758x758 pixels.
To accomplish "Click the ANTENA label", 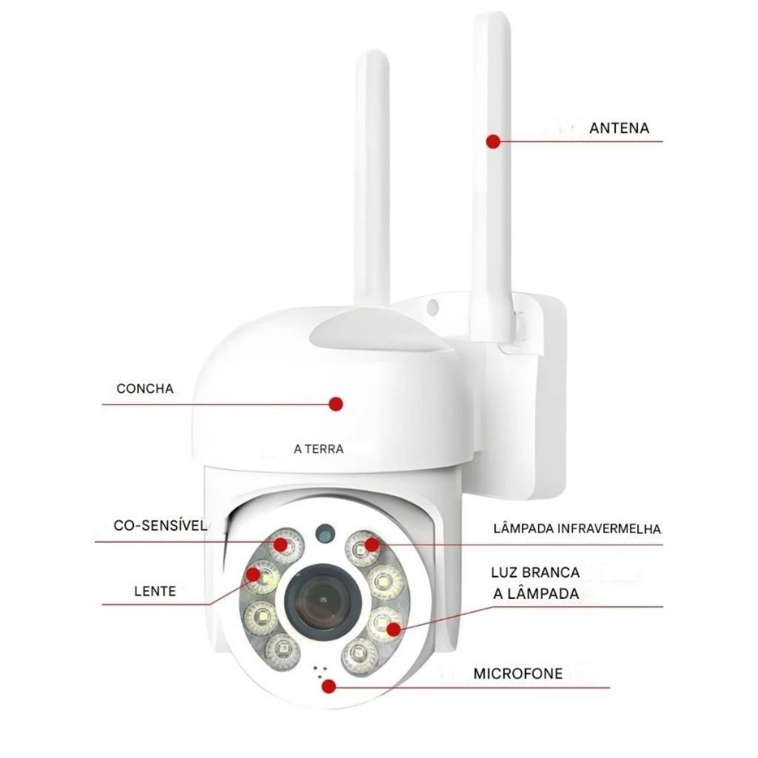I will [619, 128].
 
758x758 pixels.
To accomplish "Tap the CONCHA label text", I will [144, 389].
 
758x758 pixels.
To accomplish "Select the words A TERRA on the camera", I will [318, 448].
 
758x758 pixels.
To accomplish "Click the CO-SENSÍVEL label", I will [160, 526].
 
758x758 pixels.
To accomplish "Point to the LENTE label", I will [155, 591].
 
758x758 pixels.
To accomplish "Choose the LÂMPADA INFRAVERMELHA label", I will [577, 529].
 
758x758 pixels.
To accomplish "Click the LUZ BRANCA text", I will [535, 572].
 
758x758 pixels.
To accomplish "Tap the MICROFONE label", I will [518, 674].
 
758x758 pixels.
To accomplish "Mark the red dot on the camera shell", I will [335, 403].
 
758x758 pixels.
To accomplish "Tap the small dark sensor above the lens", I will [323, 531].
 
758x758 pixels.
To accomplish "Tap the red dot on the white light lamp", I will [394, 629].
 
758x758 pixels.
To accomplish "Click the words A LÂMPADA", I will [535, 594].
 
